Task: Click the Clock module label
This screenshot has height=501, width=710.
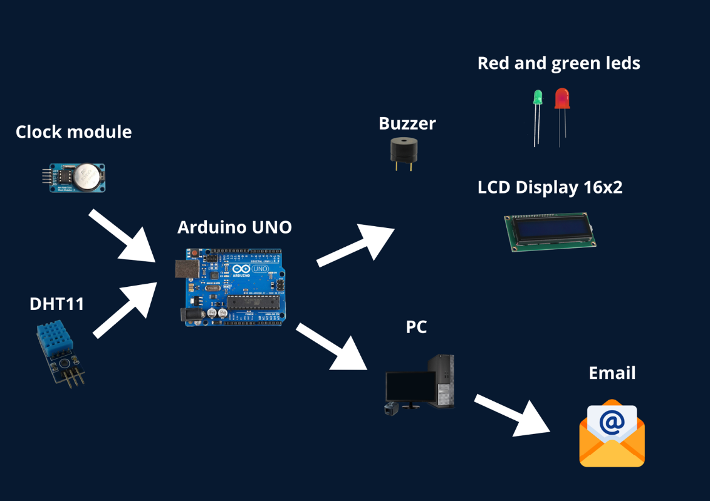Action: tap(73, 132)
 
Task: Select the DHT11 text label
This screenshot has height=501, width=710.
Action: tap(56, 304)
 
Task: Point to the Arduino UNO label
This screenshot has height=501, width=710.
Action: tap(234, 227)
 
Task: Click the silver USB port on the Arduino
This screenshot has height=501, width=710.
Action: tap(187, 268)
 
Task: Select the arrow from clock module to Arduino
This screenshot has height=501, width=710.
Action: tap(123, 236)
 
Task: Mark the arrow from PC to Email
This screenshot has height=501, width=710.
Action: tap(512, 415)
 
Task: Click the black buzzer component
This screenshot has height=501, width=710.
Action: tap(404, 150)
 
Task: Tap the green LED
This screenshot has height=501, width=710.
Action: tap(538, 98)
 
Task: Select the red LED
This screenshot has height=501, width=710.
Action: tap(561, 98)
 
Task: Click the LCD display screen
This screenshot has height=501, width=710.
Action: tap(550, 230)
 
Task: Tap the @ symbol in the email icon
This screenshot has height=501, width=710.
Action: tap(612, 421)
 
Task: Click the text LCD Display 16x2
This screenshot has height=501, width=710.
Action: tap(550, 187)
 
